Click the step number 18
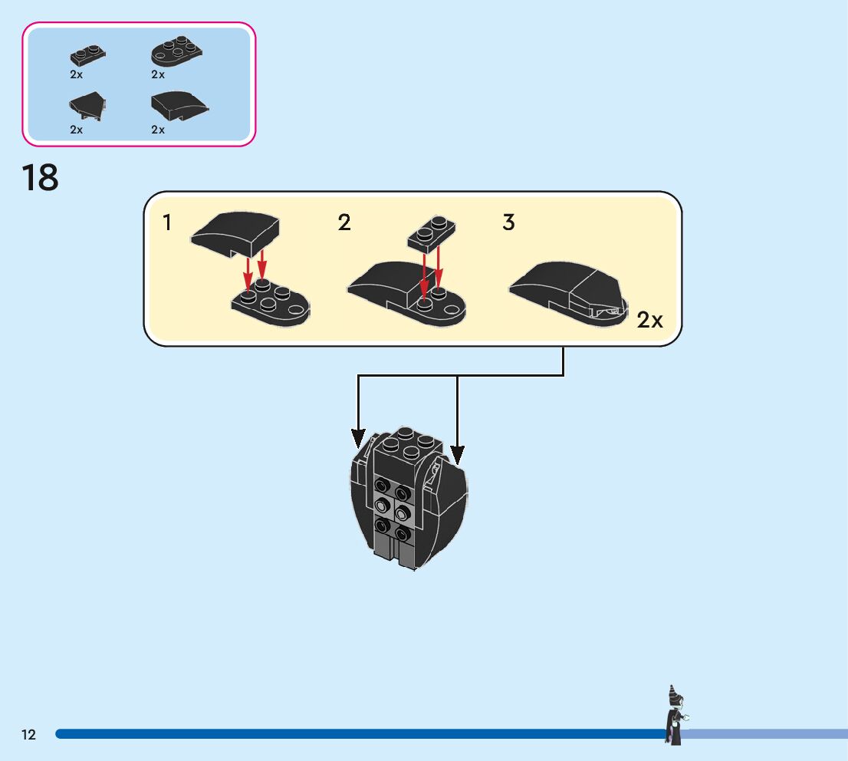[40, 178]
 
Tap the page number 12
[28, 735]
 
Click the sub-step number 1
[167, 223]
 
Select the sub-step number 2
[344, 223]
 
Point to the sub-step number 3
[508, 223]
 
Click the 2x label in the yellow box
[649, 320]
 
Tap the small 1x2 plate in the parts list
[87, 55]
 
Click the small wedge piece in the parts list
[87, 106]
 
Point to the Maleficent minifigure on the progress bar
[675, 716]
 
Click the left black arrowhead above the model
[358, 438]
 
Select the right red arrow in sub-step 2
[439, 266]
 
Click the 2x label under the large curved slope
[158, 130]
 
